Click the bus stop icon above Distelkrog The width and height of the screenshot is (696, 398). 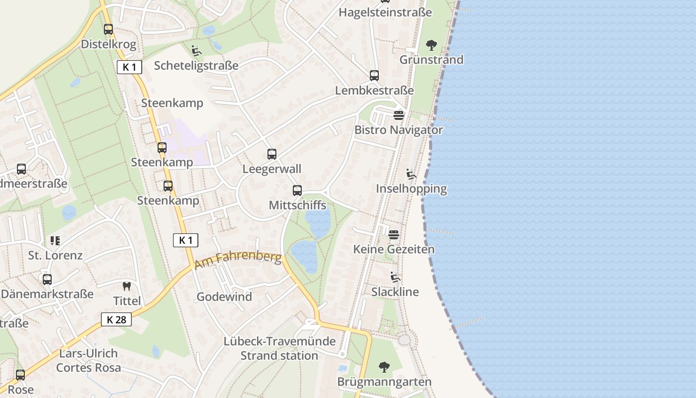(x=108, y=29)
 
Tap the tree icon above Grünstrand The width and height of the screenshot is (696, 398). (x=432, y=45)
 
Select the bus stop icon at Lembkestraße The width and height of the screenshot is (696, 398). (x=374, y=76)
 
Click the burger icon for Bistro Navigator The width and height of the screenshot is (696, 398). (x=399, y=115)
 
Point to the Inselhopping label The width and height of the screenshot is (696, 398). (x=411, y=189)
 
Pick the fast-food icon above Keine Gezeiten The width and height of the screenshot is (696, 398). (x=394, y=234)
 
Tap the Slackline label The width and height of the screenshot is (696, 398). (x=395, y=292)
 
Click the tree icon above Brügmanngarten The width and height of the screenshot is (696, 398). (x=384, y=367)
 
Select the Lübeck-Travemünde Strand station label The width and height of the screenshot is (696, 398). (x=279, y=349)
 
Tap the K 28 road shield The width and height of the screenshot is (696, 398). (x=116, y=319)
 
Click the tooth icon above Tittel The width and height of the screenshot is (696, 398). (x=127, y=287)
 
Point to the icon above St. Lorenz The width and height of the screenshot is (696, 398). (x=55, y=241)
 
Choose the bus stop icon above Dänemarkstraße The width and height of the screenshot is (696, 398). (x=47, y=280)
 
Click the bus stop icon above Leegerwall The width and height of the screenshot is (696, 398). (x=271, y=154)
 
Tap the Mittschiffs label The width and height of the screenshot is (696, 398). (x=297, y=205)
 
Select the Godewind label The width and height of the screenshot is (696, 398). (x=224, y=297)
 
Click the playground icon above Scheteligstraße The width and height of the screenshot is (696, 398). (x=196, y=50)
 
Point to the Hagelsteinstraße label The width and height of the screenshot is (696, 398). (x=385, y=12)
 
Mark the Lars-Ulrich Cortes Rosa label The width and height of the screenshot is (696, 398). (x=88, y=361)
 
